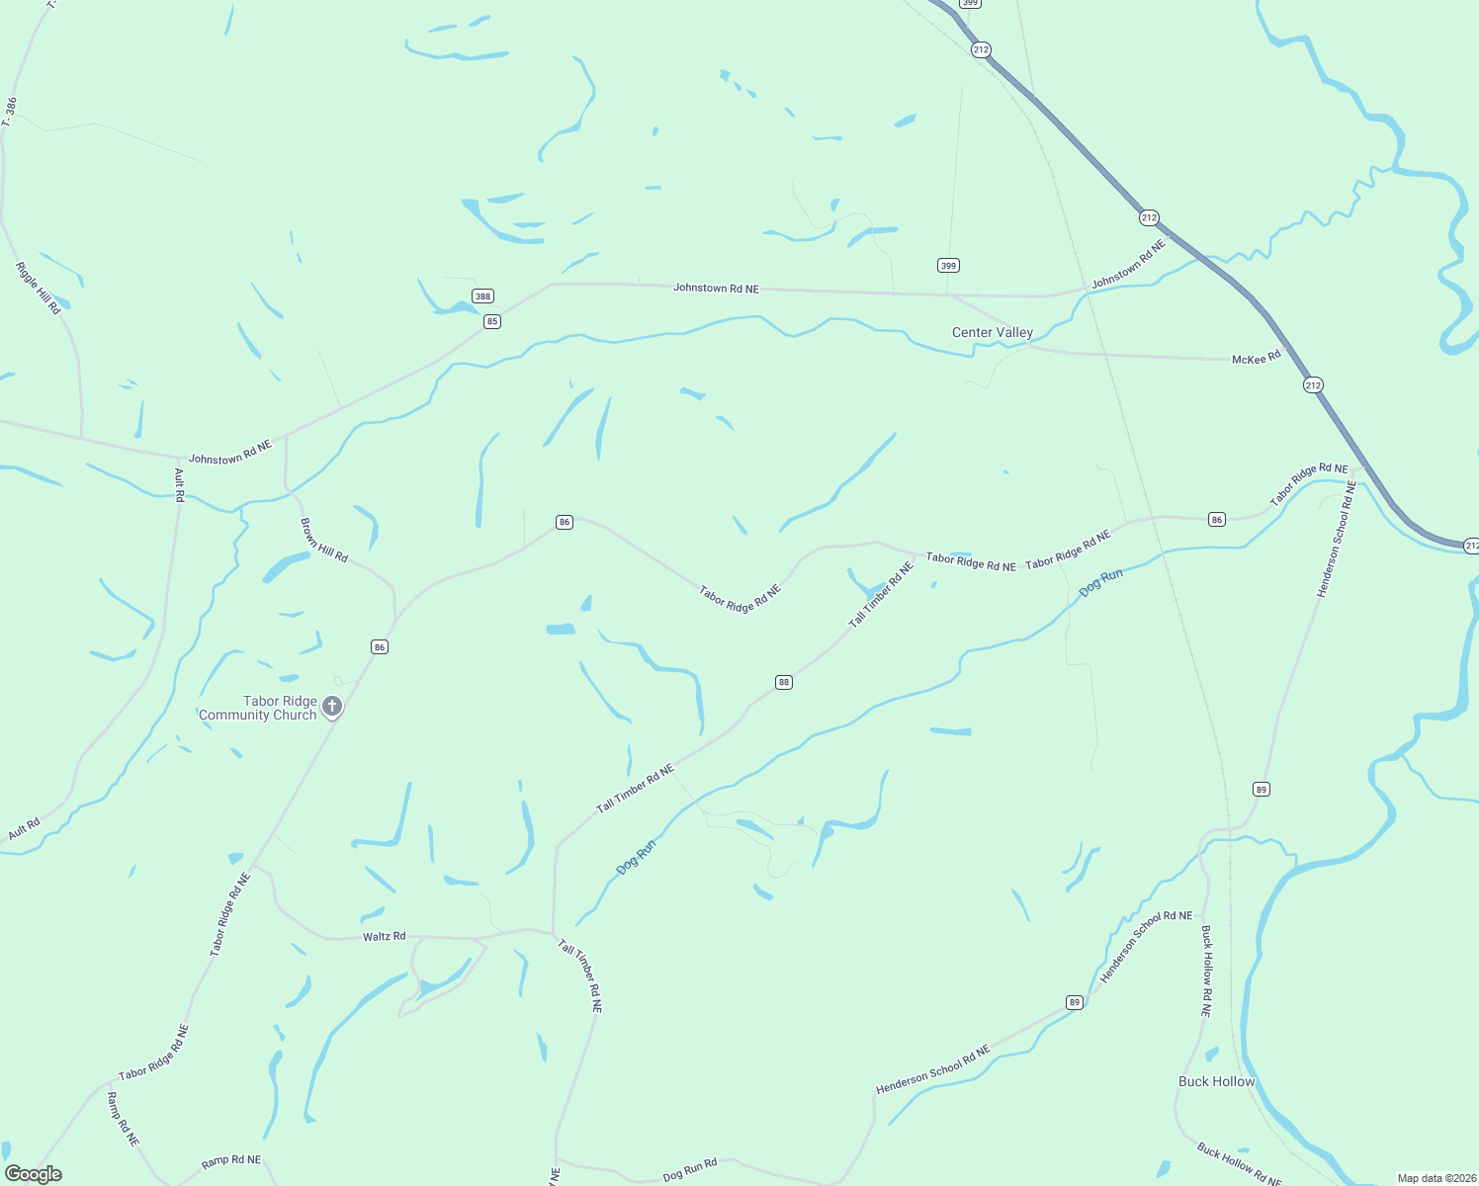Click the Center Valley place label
tap(992, 332)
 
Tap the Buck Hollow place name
tap(1216, 1081)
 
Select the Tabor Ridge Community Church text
tap(258, 708)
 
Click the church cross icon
tap(333, 706)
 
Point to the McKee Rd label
tap(1256, 359)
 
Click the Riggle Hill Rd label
tap(39, 288)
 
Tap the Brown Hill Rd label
tap(324, 541)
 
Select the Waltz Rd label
tap(384, 936)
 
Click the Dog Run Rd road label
tap(689, 1170)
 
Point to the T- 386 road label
tap(10, 112)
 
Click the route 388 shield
tap(482, 296)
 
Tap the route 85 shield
tap(492, 321)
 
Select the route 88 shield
tap(784, 682)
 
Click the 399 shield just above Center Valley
tap(948, 265)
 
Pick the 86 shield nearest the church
tap(380, 646)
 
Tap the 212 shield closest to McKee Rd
tap(1313, 384)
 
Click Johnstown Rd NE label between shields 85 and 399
tap(716, 288)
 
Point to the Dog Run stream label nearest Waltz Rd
tap(636, 857)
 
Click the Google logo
tap(34, 1174)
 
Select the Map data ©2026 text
tap(1435, 1178)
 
